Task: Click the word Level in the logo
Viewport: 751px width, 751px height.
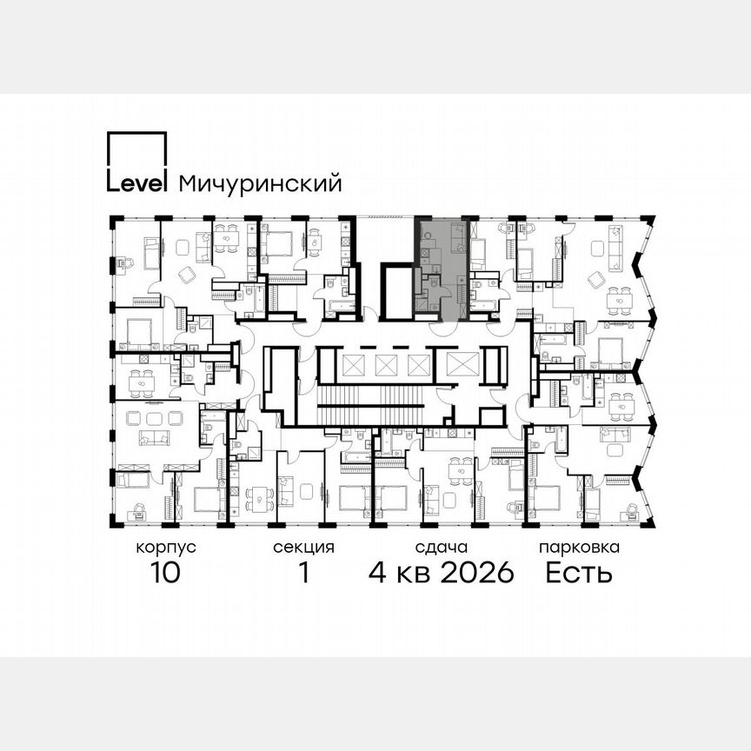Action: pos(136,183)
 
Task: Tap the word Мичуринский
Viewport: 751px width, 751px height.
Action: pos(260,184)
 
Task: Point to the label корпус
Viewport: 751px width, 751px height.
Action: pos(165,548)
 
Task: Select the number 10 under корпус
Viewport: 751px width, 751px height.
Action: pos(165,575)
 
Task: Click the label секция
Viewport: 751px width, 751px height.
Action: pos(303,548)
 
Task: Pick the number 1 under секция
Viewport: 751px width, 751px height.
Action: pos(303,575)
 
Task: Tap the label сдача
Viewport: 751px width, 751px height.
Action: pos(442,548)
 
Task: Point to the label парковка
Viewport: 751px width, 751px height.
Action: pos(579,548)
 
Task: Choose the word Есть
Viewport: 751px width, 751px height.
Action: pos(579,575)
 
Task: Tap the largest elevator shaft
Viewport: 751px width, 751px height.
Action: pos(457,364)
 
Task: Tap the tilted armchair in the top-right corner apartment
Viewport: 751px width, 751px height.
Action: pos(596,280)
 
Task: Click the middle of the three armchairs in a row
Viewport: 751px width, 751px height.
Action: pos(154,418)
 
